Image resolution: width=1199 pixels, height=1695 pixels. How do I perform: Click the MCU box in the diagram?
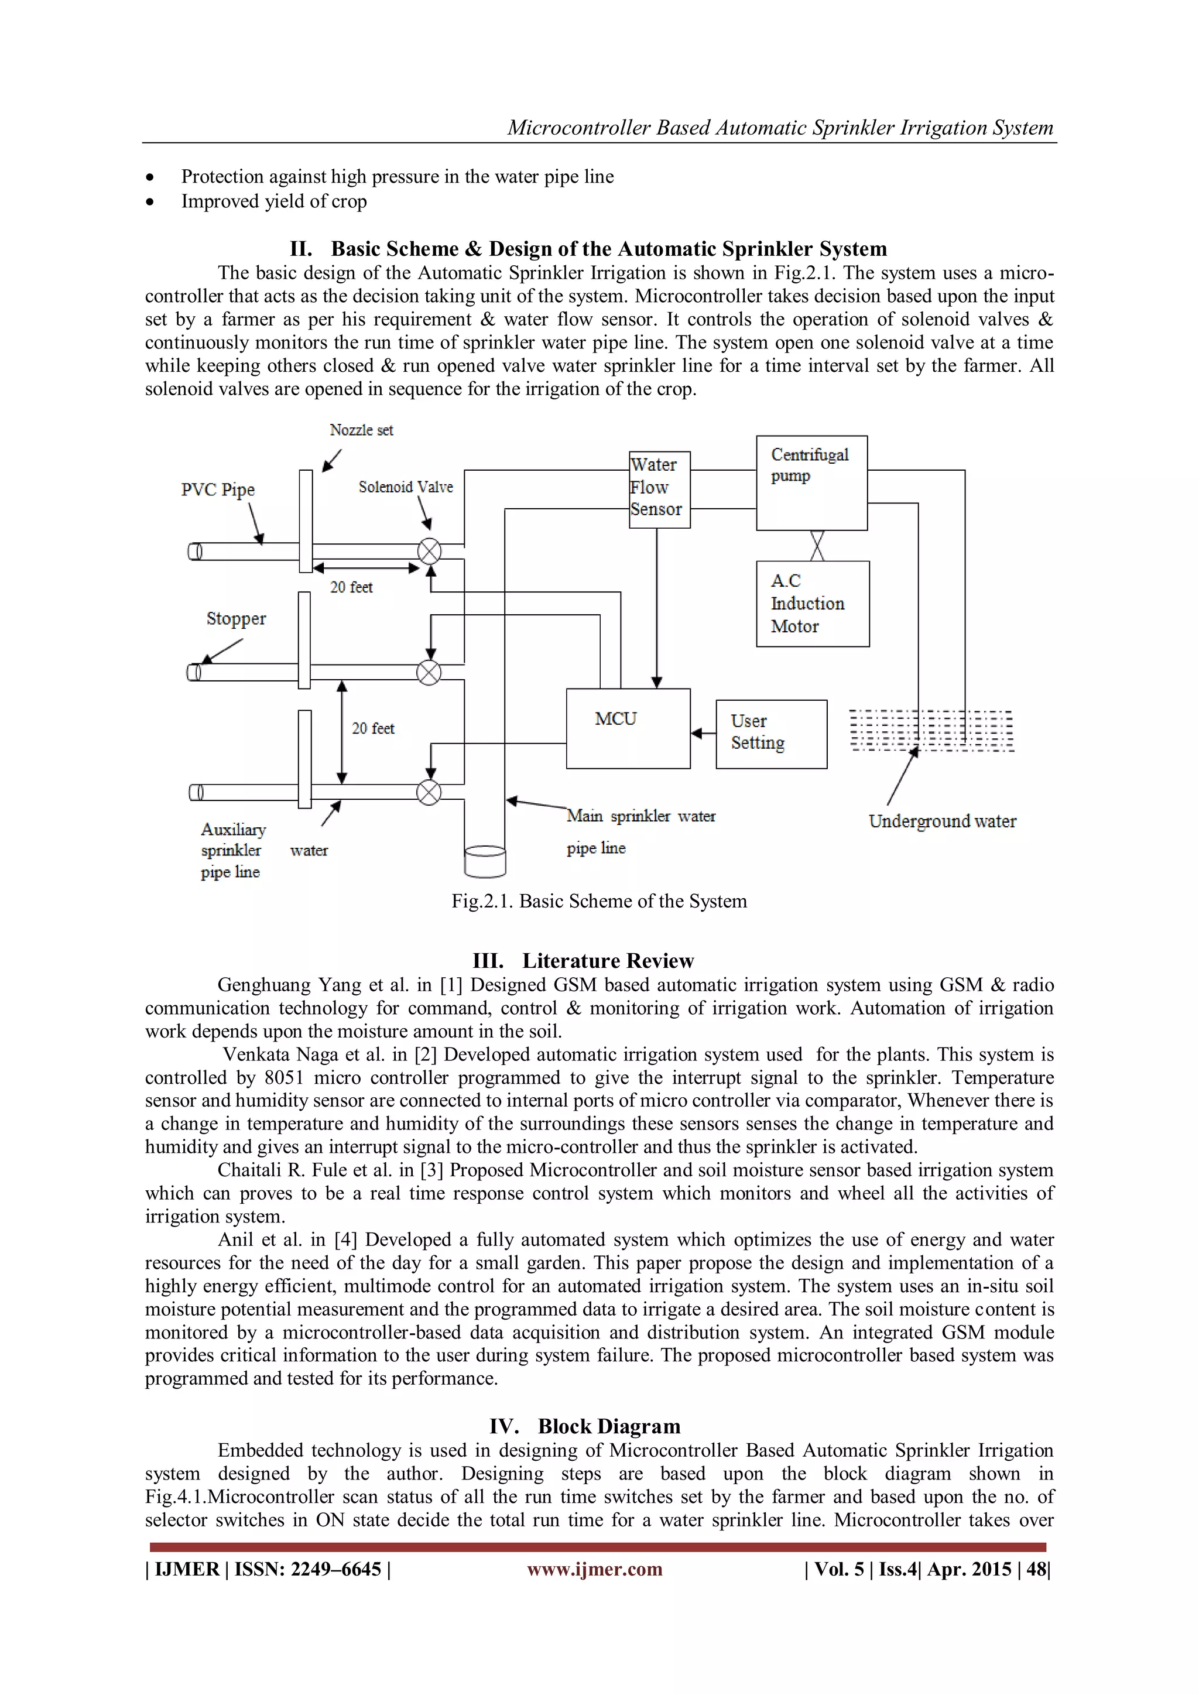628,728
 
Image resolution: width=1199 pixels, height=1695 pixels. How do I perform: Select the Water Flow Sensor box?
659,489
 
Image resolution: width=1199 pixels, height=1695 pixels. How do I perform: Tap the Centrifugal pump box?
811,483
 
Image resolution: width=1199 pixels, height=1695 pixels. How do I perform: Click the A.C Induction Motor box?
812,604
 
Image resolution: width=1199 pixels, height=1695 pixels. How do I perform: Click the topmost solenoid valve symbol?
430,552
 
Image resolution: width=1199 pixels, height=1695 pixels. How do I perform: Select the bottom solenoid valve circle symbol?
429,792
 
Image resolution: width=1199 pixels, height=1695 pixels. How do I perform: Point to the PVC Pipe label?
218,489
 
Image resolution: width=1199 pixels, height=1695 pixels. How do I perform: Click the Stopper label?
235,619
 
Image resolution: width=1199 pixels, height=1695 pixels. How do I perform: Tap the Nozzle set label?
361,430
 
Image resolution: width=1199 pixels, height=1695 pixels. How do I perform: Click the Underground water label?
942,821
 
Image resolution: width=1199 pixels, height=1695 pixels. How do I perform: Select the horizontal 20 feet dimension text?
351,587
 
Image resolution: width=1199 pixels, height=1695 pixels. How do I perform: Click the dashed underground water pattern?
931,731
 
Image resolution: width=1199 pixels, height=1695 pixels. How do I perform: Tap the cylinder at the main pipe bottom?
485,861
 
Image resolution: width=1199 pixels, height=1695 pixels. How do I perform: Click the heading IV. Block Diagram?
584,1426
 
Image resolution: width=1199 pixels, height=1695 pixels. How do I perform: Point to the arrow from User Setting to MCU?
703,733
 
